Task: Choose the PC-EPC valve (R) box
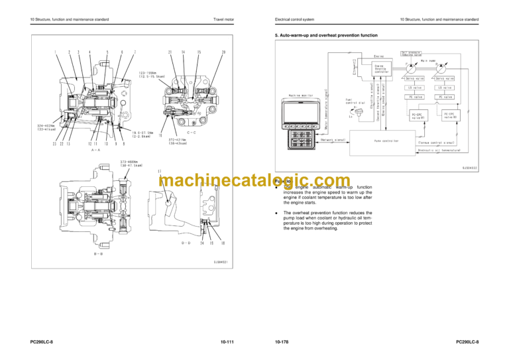(450, 115)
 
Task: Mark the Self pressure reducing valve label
(413, 53)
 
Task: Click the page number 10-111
(226, 342)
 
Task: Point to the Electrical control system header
(294, 19)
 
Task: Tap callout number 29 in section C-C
(224, 52)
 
